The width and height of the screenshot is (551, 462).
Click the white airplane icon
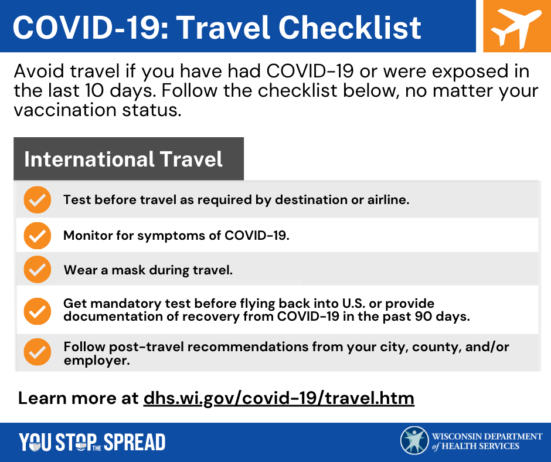click(x=516, y=28)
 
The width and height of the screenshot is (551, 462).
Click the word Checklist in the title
click(x=349, y=28)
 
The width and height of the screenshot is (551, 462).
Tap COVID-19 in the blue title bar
click(x=91, y=28)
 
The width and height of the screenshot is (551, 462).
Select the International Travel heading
click(x=123, y=159)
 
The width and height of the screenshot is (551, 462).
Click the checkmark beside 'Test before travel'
click(x=38, y=200)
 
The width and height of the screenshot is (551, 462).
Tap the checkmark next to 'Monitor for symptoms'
click(x=38, y=236)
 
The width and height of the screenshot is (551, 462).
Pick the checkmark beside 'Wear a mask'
click(x=38, y=270)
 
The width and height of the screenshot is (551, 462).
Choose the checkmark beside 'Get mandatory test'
click(x=38, y=311)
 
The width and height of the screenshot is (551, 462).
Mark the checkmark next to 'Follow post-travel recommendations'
click(x=38, y=352)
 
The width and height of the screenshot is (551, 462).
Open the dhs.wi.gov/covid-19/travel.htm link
click(x=279, y=399)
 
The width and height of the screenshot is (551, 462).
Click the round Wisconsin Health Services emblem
click(x=414, y=440)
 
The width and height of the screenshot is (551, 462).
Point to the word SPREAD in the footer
click(x=135, y=442)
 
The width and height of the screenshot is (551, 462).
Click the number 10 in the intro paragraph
click(x=94, y=90)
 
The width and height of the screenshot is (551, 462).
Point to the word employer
click(x=97, y=361)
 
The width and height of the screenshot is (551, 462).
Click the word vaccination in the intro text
click(x=65, y=110)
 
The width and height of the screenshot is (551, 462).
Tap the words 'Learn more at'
click(x=78, y=398)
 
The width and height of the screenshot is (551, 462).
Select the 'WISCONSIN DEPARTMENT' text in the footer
click(x=487, y=436)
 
